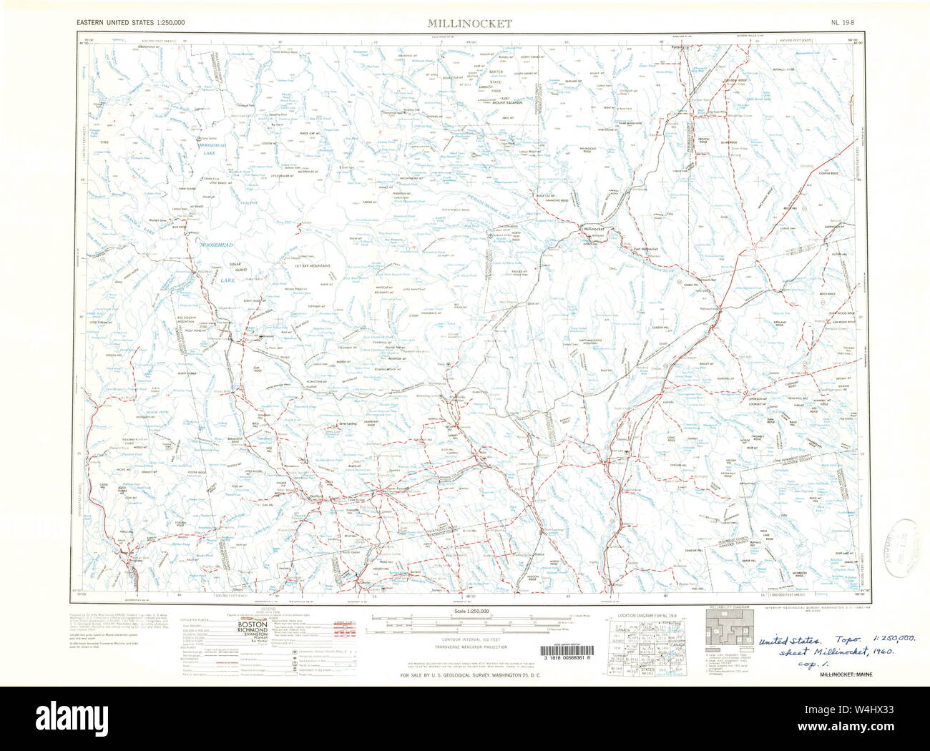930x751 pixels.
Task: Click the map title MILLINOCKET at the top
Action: point(470,23)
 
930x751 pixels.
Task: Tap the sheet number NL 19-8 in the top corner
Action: point(843,23)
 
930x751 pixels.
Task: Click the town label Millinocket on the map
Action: point(594,229)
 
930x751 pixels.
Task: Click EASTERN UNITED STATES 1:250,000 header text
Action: point(131,23)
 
